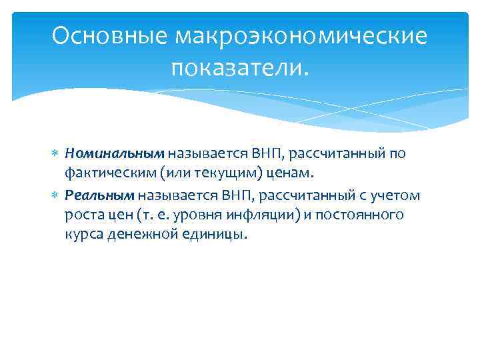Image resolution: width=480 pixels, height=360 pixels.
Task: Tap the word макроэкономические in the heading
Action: tap(301, 37)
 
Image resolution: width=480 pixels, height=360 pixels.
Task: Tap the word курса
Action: tap(83, 235)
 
